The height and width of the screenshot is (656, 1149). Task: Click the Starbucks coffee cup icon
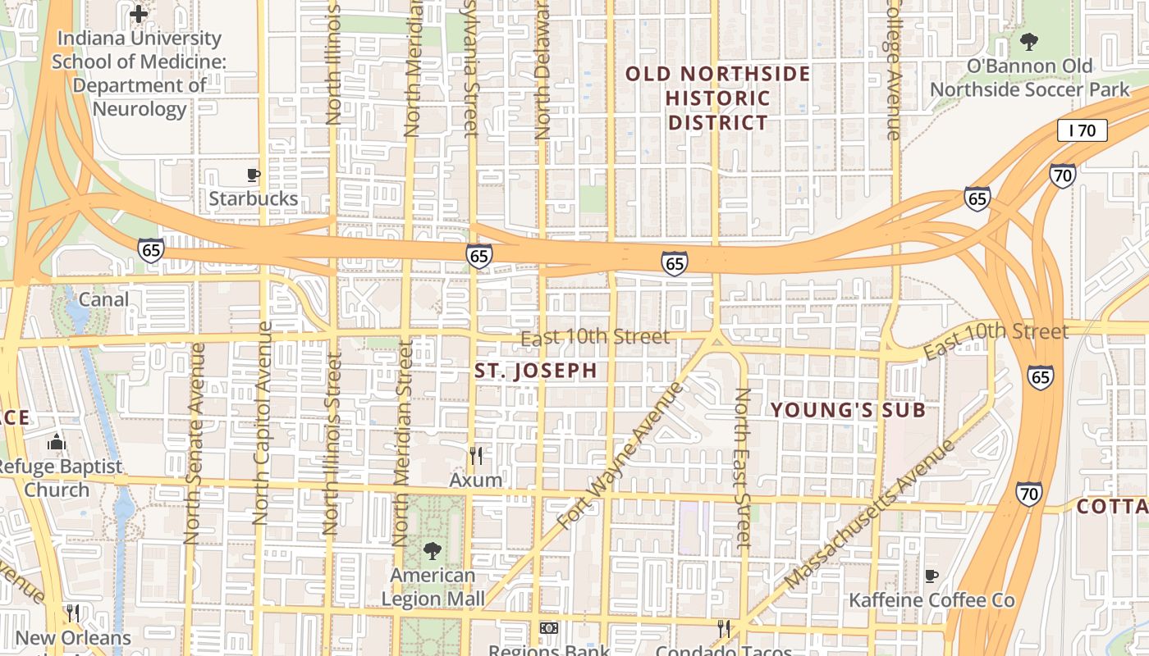254,175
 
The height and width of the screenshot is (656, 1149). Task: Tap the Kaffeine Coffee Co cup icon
931,576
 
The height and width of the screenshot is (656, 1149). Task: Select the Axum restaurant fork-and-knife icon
476,456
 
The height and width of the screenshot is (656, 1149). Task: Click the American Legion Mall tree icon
433,551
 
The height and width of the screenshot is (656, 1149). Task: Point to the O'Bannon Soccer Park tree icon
1028,41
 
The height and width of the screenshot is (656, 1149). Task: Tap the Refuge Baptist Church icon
56,443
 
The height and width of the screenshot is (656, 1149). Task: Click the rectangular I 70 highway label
1083,130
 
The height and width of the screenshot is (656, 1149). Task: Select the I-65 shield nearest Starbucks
151,248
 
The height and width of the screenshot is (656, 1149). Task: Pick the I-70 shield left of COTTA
1029,494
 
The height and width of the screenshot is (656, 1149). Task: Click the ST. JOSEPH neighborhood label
536,371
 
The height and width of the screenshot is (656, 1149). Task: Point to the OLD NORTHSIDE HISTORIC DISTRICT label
718,98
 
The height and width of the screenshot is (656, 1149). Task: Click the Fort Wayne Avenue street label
620,455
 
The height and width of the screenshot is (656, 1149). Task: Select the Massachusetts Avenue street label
869,513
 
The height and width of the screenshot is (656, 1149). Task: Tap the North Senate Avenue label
194,444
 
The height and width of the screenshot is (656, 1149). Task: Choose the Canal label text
103,299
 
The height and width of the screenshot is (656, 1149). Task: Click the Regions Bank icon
548,628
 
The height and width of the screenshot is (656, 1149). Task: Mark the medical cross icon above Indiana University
139,13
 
